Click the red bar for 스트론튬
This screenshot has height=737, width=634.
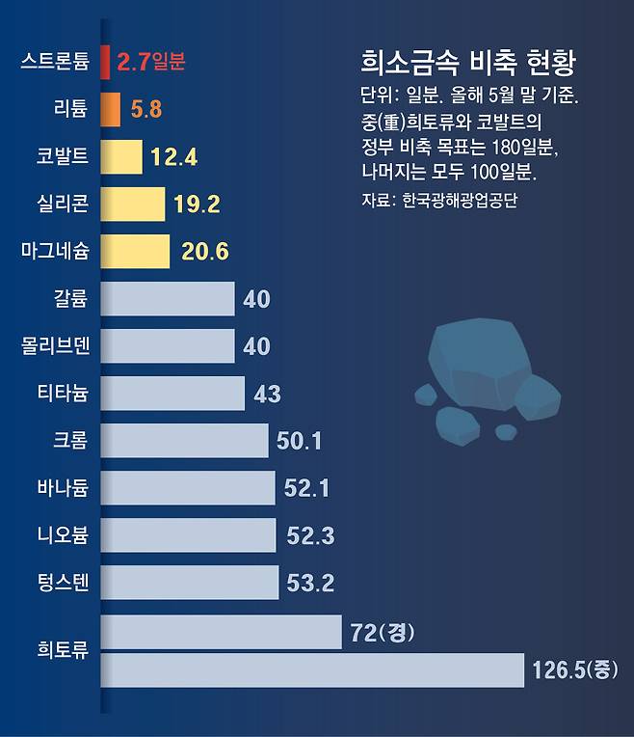(x=105, y=63)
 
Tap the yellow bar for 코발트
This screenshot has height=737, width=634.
(x=121, y=156)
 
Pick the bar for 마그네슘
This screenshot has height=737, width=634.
(x=135, y=251)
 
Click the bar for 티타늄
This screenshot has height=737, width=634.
(x=172, y=393)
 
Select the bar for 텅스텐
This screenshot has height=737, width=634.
(x=189, y=582)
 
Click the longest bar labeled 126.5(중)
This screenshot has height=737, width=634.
(x=312, y=669)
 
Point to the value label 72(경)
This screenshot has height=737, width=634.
(x=382, y=634)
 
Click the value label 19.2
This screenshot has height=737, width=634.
(x=198, y=204)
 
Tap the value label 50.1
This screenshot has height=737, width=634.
(x=299, y=441)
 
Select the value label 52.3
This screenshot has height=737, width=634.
(x=310, y=535)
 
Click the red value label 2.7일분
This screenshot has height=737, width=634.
(x=150, y=63)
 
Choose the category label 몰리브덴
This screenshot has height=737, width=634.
(x=55, y=346)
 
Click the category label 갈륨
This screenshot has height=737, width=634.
(x=70, y=299)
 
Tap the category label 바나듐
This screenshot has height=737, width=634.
(x=64, y=488)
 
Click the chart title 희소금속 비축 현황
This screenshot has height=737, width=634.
(x=467, y=65)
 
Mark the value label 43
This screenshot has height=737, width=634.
(x=267, y=394)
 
